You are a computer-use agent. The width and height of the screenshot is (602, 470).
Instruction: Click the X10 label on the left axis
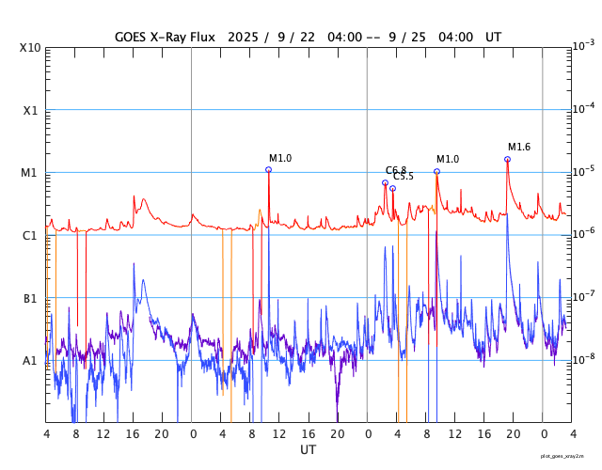point(30,48)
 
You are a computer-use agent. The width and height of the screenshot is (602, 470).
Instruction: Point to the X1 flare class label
point(30,110)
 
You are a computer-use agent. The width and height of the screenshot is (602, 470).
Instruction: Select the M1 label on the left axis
point(30,173)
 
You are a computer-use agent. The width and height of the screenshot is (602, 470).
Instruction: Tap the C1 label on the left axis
point(30,235)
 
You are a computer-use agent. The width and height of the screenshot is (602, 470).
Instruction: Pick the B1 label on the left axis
point(30,298)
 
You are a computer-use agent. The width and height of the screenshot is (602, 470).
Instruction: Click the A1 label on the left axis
point(30,360)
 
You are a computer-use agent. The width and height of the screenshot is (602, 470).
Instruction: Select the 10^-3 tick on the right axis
point(583,45)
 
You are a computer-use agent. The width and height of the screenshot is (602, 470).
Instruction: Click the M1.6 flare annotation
point(519,147)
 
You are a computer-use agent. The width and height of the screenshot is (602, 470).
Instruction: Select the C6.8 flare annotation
point(396,170)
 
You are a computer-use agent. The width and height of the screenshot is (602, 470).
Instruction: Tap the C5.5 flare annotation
point(404,177)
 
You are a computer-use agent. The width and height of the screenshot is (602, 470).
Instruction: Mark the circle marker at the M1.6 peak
point(507,159)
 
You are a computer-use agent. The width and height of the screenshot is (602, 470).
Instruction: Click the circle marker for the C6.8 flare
point(385,182)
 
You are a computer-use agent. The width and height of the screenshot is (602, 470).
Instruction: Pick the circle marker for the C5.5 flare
point(392,188)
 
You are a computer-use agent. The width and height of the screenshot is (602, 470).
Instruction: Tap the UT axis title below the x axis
point(309,449)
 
